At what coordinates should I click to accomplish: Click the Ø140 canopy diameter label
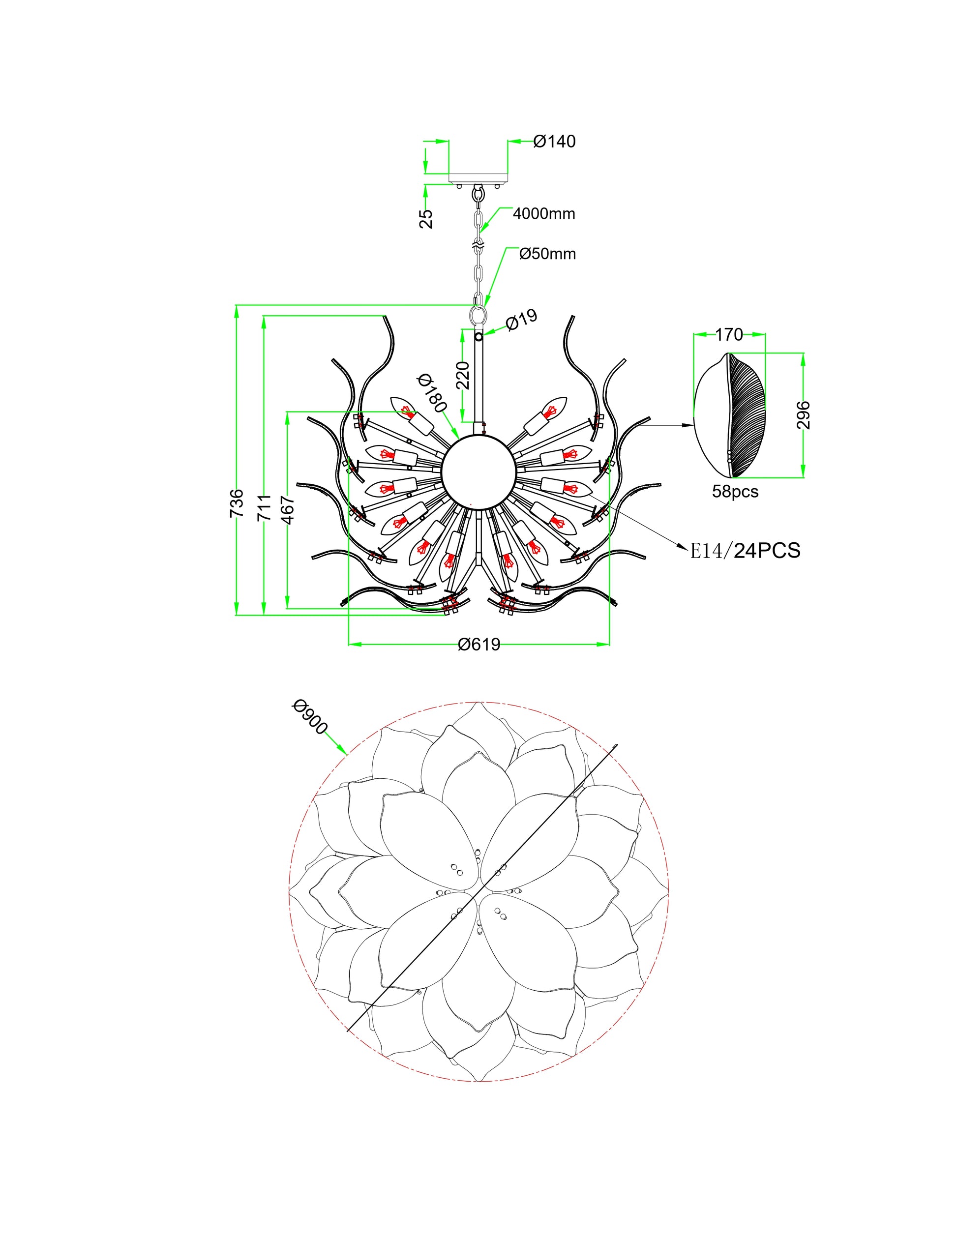tap(554, 141)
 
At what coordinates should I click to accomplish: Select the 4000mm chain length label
tap(544, 214)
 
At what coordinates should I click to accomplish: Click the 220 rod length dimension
tap(463, 375)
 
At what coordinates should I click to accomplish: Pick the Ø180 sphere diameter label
tap(433, 393)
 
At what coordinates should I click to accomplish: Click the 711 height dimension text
tap(264, 507)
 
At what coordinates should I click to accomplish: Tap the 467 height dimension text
tap(288, 509)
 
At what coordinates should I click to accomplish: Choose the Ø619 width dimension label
tap(479, 645)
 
